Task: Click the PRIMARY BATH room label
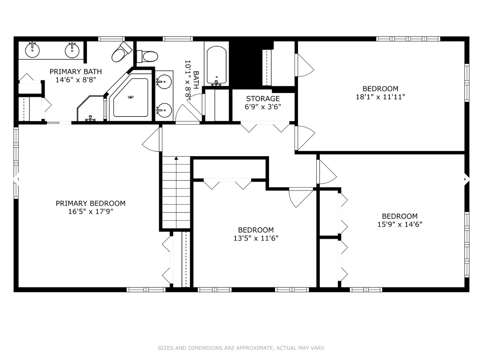pos(76,71)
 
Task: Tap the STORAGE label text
pos(263,99)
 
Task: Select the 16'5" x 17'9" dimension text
pos(91,211)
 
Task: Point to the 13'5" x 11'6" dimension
pos(256,238)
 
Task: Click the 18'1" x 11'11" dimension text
pos(380,97)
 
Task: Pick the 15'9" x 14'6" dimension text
pos(399,224)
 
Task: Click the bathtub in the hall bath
pos(216,65)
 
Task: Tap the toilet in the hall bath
pos(147,56)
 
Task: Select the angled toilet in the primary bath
pos(121,52)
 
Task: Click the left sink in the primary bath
pos(33,49)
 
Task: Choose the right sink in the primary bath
pos(72,50)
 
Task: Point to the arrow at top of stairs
pos(176,158)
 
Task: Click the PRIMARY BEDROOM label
pos(91,203)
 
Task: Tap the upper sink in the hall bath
pos(164,81)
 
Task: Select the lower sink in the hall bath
pos(164,110)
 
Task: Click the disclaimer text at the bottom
pos(241,348)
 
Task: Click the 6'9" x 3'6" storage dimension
pos(263,106)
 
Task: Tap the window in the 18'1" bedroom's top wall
pos(408,38)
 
